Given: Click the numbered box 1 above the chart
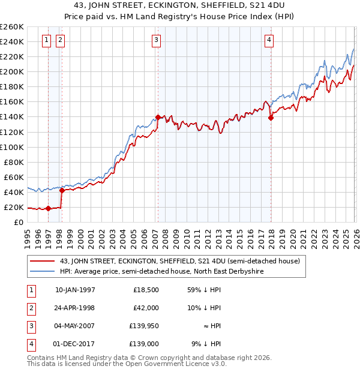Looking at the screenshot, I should pos(47,40).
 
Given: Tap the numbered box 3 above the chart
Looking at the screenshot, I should pos(156,40).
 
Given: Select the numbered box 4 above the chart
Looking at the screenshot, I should pos(269,40).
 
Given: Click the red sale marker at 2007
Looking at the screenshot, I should pos(158,117).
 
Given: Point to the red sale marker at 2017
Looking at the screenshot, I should pos(271,118).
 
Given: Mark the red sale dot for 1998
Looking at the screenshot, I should pos(62,191).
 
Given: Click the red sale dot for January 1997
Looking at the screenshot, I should pos(48,209).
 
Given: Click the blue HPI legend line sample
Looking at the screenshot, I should pos(42,271).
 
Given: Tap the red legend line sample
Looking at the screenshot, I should pos(42,261).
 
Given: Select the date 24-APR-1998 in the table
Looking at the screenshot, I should pos(74,307).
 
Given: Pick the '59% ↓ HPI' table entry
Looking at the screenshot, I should pos(204,290).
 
